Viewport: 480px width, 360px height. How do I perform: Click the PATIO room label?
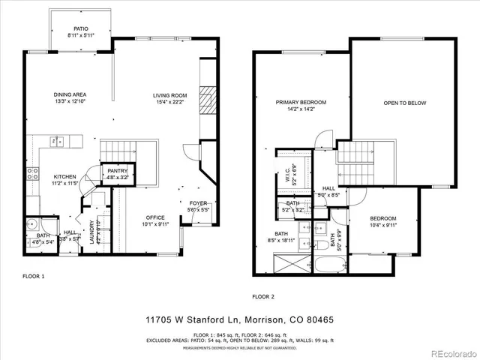81,29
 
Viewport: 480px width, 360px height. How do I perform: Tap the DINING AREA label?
69,94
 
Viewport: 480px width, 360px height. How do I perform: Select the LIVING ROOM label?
169,95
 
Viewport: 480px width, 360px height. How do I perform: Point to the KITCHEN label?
64,176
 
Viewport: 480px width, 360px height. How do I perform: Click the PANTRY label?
118,171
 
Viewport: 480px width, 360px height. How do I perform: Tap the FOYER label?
198,203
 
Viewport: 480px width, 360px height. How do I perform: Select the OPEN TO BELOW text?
404,103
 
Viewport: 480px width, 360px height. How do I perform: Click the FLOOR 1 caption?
34,276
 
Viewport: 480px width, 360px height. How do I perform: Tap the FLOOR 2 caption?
264,296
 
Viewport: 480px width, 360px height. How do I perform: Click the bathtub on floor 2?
331,265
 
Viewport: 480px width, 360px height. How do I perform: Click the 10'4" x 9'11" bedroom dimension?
382,224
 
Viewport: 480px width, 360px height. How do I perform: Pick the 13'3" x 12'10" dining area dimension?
69,101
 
